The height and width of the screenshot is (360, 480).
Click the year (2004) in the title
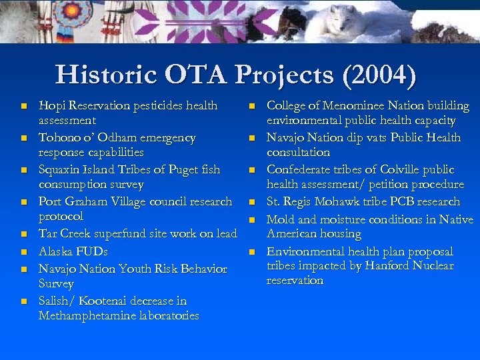coord(379,75)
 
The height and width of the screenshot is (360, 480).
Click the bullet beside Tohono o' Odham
coord(23,139)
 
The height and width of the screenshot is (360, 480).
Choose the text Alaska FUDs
coord(73,252)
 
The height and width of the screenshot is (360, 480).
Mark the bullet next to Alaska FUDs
coord(23,253)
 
